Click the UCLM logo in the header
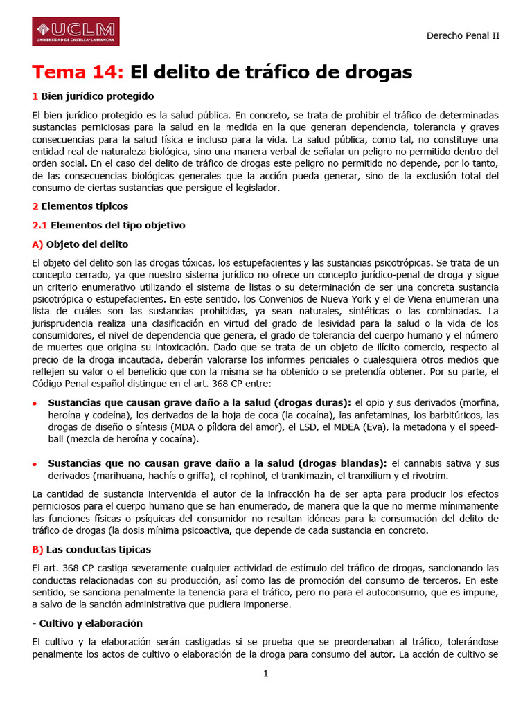[x=76, y=32]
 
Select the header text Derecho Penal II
[x=463, y=35]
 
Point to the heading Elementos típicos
[x=85, y=206]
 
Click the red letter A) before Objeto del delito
[x=37, y=244]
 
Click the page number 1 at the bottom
[x=265, y=673]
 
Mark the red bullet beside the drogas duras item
[x=35, y=403]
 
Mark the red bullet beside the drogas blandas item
[x=35, y=464]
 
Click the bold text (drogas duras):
[x=313, y=402]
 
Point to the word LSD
[x=308, y=427]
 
